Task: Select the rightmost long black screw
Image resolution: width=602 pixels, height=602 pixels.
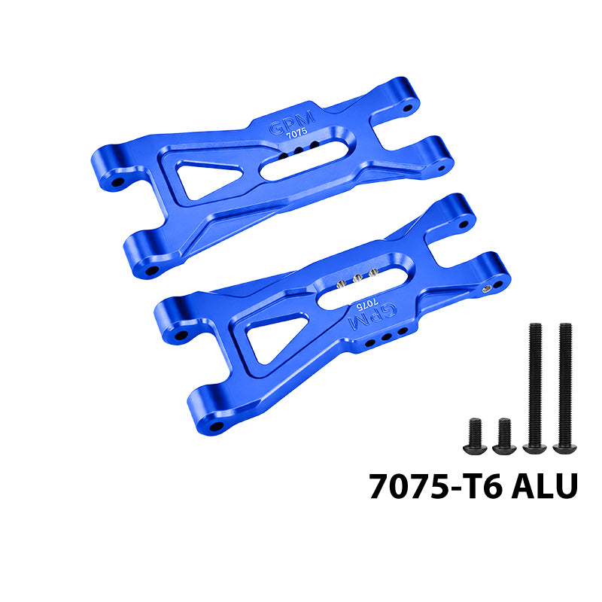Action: (x=565, y=388)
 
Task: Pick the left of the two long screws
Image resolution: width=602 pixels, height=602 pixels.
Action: (x=535, y=388)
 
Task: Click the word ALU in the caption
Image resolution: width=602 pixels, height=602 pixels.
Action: (x=545, y=486)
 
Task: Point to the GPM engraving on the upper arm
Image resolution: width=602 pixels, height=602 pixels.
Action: (x=292, y=123)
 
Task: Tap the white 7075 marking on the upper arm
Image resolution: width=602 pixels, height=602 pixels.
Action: (x=296, y=133)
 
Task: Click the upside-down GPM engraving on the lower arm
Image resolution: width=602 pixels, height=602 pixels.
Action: (x=372, y=315)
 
